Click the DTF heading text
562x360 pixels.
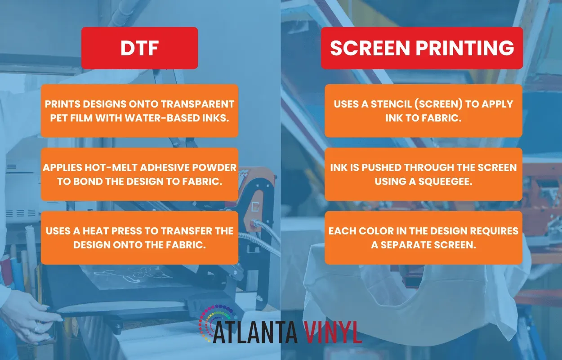(x=139, y=48)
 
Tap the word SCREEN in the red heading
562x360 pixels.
(x=370, y=48)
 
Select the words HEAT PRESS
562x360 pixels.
(x=109, y=231)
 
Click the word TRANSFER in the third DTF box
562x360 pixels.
(x=187, y=231)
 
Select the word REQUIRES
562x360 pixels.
(x=494, y=231)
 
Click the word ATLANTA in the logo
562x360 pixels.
(x=256, y=333)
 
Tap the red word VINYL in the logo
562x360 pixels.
(x=333, y=333)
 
